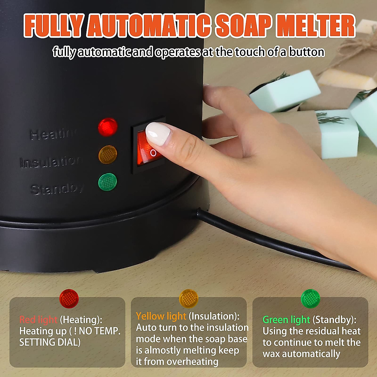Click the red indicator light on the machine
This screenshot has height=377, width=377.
pyautogui.click(x=107, y=127)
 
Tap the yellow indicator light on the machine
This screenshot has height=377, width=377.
pyautogui.click(x=107, y=155)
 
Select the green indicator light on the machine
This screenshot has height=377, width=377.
pyautogui.click(x=107, y=182)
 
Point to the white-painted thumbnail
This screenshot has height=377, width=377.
pyautogui.click(x=158, y=134)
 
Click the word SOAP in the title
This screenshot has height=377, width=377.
pyautogui.click(x=243, y=26)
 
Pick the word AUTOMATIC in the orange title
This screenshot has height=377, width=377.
pyautogui.click(x=149, y=26)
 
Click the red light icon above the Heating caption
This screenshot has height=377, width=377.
pyautogui.click(x=69, y=298)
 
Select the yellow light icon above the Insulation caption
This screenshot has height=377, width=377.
pyautogui.click(x=188, y=298)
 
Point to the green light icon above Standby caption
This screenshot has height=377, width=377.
pyautogui.click(x=310, y=298)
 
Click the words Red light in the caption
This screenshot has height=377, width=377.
pyautogui.click(x=38, y=320)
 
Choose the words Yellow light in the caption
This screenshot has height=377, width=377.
pyautogui.click(x=161, y=316)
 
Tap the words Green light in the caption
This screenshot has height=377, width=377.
pyautogui.click(x=286, y=320)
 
